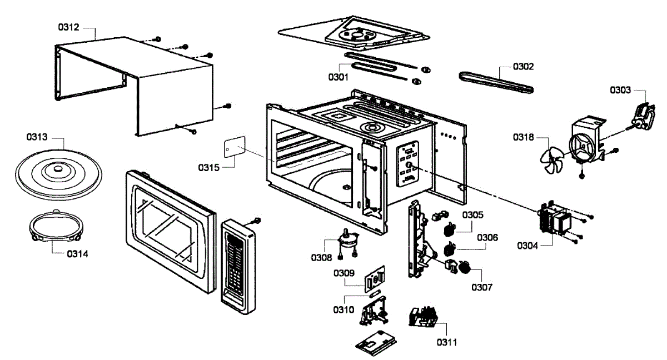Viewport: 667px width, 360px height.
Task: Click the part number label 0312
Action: pos(68,27)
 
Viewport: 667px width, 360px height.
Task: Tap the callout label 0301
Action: pos(339,77)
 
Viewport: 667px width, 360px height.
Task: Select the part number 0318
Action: pos(524,137)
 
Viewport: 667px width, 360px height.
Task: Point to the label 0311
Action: pos(447,342)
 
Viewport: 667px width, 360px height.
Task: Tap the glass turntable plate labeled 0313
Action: pos(58,175)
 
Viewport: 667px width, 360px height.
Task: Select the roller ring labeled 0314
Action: pos(56,226)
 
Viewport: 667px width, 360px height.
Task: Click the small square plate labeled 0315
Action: pos(235,147)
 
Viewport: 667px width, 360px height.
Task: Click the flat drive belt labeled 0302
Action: pos(496,83)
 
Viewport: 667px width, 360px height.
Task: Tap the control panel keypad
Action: pos(238,267)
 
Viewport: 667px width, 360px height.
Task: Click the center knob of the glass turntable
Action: pos(57,169)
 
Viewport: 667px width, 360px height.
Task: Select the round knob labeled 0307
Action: pos(464,267)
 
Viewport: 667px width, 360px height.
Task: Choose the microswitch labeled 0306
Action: pos(449,249)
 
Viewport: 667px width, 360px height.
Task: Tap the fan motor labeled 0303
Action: pos(643,117)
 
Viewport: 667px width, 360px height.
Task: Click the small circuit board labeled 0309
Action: pos(375,279)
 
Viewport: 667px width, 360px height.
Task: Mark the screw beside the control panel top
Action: pos(257,221)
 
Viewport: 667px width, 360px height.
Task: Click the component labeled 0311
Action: pos(424,317)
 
